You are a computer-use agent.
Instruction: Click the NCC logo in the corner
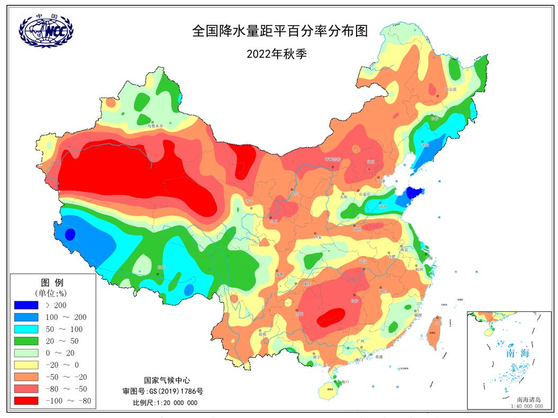click(x=47, y=31)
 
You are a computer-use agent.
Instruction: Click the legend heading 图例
click(x=52, y=281)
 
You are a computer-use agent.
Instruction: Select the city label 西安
click(x=318, y=237)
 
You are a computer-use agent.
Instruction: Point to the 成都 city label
click(x=280, y=274)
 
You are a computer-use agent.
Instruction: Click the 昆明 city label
click(x=262, y=334)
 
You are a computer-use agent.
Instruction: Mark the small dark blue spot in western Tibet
click(x=70, y=234)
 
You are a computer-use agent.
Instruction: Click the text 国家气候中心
click(x=167, y=380)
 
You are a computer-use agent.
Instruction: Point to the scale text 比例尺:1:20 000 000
click(x=165, y=403)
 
